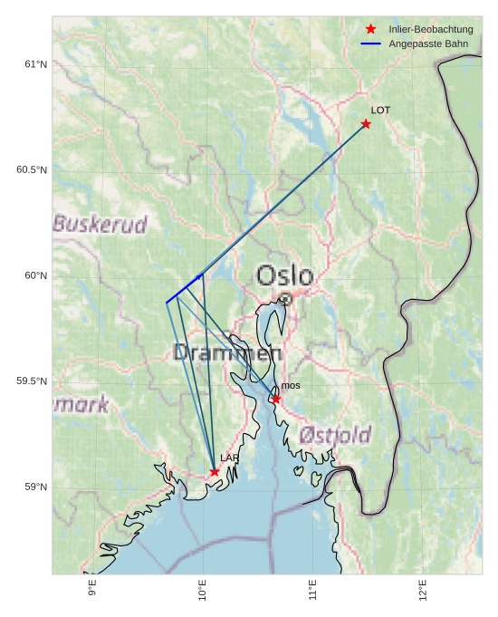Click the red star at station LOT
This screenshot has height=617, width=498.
click(x=366, y=123)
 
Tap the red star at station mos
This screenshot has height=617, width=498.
click(x=276, y=399)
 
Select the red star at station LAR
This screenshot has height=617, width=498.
click(x=215, y=471)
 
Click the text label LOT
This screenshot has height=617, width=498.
click(x=380, y=110)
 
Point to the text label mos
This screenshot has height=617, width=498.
click(x=291, y=386)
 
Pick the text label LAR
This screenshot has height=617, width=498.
click(x=229, y=458)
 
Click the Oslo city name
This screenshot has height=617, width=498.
click(x=284, y=275)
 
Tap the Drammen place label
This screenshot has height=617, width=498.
click(x=227, y=353)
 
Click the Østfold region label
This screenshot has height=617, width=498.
click(x=335, y=436)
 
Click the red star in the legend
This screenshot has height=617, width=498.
click(x=370, y=29)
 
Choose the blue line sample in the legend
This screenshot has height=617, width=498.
click(x=370, y=43)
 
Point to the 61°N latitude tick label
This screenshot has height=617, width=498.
click(x=35, y=64)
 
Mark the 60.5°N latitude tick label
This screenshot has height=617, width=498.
click(x=32, y=170)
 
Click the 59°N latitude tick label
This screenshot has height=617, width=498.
click(x=35, y=487)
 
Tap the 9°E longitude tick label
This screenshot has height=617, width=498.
click(x=92, y=590)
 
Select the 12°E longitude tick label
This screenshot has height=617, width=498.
click(x=423, y=590)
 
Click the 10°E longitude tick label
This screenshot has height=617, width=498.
click(x=203, y=590)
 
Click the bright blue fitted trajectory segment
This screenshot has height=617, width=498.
click(x=185, y=288)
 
